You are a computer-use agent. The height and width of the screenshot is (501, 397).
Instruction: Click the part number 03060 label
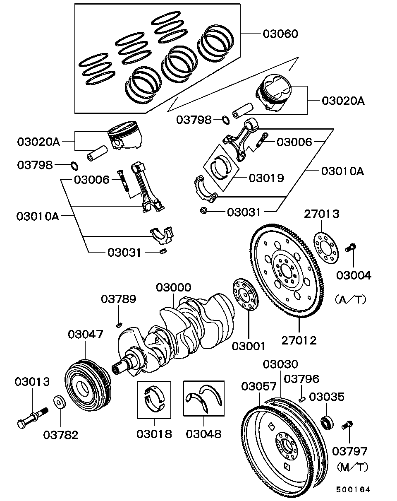[x=280, y=34]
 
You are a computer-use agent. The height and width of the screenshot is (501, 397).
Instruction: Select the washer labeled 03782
[x=60, y=402]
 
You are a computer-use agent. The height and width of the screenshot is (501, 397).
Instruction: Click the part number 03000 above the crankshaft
[x=173, y=287]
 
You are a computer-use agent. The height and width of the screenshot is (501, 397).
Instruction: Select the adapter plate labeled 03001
[x=245, y=294]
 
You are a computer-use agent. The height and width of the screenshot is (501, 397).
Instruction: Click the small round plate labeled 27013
[x=325, y=248]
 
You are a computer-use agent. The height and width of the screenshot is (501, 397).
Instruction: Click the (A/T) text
[x=351, y=299]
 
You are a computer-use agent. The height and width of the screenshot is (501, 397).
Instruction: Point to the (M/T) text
[x=352, y=467]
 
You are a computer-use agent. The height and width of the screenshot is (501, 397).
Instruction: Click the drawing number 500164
[x=353, y=489]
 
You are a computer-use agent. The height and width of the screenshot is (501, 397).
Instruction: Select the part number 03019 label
[x=266, y=178]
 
